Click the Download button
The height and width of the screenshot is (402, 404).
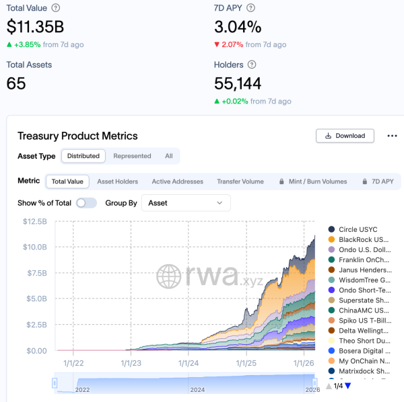pyautogui.click(x=345, y=135)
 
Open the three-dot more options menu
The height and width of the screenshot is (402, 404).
pyautogui.click(x=392, y=135)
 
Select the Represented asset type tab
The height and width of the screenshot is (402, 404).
pyautogui.click(x=132, y=156)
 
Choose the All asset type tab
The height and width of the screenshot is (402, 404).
pyautogui.click(x=169, y=156)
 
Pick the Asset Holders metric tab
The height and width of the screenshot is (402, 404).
pyautogui.click(x=118, y=182)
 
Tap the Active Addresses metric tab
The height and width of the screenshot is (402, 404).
pyautogui.click(x=177, y=182)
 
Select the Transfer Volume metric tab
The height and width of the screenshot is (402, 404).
pyautogui.click(x=240, y=182)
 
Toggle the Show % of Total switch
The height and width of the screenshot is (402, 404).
pyautogui.click(x=86, y=203)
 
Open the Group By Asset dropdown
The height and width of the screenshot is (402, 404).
pyautogui.click(x=186, y=203)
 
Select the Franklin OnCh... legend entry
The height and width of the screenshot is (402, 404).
pyautogui.click(x=363, y=259)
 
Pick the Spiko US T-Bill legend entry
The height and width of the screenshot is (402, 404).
pyautogui.click(x=363, y=320)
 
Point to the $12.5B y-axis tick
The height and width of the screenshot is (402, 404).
pyautogui.click(x=35, y=222)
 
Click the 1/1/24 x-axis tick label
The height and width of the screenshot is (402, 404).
pyautogui.click(x=189, y=363)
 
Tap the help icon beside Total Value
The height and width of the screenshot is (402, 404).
pyautogui.click(x=55, y=7)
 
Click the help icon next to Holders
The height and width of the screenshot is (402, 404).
pyautogui.click(x=252, y=65)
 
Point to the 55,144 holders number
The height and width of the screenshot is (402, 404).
pyautogui.click(x=238, y=84)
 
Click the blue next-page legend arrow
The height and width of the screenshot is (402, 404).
pyautogui.click(x=348, y=386)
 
